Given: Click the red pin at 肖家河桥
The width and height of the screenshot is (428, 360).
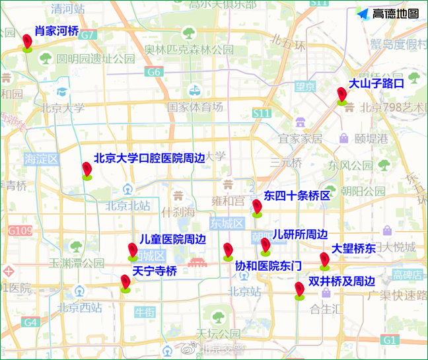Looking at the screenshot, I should (x=27, y=42).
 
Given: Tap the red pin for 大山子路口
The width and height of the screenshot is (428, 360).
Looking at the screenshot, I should (x=341, y=95).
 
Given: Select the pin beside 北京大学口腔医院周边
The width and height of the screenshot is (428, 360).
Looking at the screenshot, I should (x=87, y=170).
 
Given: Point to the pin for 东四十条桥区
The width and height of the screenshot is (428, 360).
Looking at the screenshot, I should (x=257, y=207).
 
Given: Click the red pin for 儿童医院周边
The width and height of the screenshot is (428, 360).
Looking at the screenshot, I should (x=133, y=251).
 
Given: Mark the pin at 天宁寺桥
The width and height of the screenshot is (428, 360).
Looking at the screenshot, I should (x=125, y=283).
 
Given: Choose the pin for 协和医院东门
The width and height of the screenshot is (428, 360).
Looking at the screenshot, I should (x=228, y=251).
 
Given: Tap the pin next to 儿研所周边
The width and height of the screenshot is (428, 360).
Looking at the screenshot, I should (x=266, y=246).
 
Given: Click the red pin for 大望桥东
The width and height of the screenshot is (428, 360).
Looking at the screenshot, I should (x=324, y=260).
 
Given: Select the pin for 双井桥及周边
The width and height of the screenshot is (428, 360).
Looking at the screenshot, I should (x=299, y=290).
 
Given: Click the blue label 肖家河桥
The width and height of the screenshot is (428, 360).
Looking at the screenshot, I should (x=57, y=30).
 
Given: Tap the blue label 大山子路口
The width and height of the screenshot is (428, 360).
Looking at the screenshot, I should (x=376, y=84).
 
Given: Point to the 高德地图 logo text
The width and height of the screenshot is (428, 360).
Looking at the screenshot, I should (x=395, y=13).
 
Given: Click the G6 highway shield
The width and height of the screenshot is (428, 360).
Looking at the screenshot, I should (x=154, y=72).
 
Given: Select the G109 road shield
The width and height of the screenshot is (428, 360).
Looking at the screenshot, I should (x=20, y=231).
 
